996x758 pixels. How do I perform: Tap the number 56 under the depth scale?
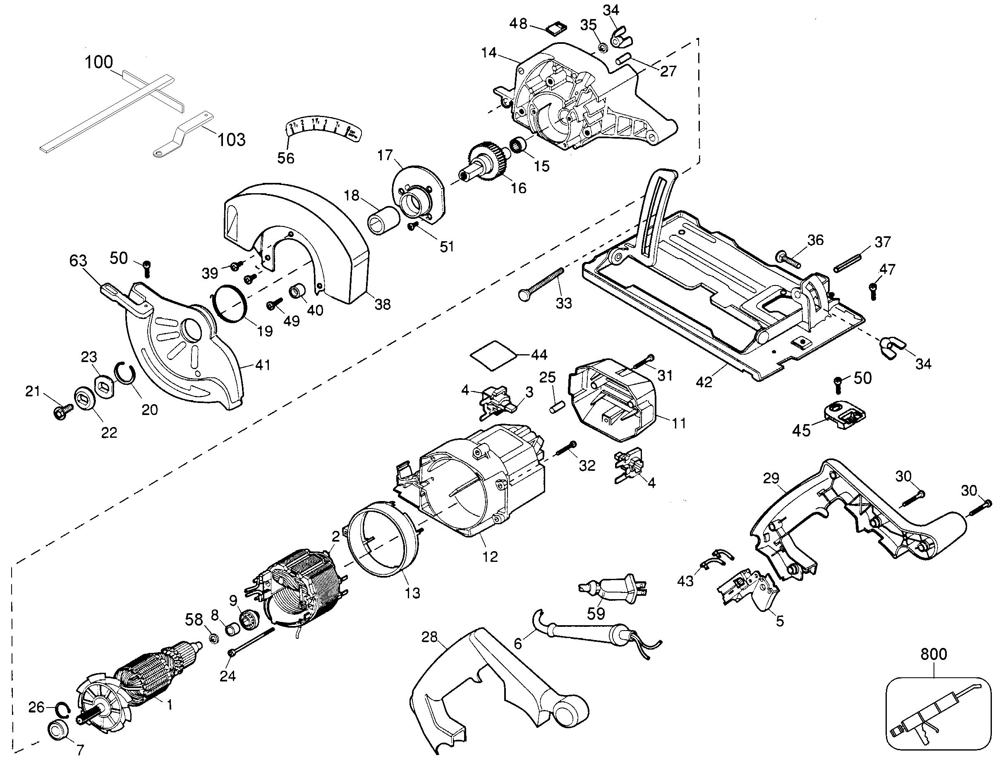285,158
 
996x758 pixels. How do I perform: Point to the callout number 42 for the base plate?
704,382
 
